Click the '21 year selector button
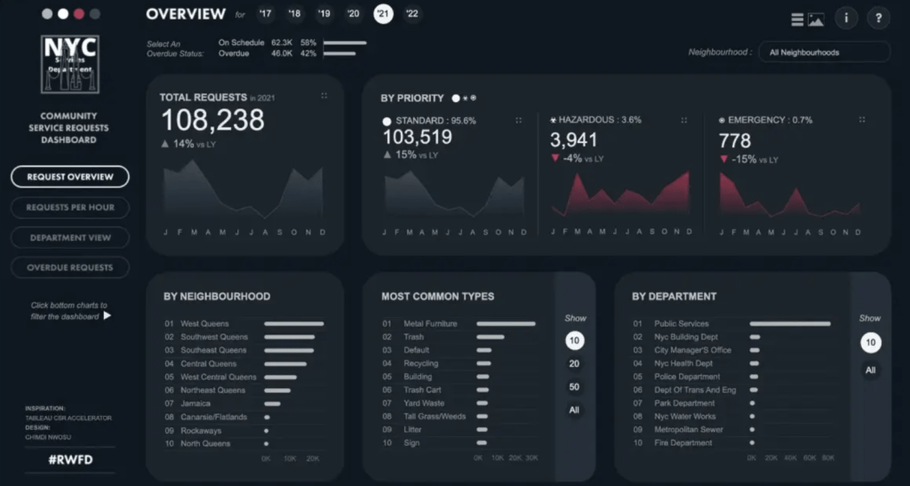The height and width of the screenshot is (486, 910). [383, 13]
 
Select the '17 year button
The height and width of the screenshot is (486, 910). [265, 13]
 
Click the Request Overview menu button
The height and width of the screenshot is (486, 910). [70, 177]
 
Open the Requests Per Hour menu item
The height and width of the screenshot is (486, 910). [70, 207]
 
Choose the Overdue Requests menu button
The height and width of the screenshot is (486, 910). [70, 267]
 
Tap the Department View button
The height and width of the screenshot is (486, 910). [70, 237]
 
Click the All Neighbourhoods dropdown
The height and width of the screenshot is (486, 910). [824, 52]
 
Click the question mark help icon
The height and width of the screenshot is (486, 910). [878, 18]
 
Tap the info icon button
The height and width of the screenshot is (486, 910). [845, 18]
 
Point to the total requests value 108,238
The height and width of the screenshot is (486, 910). [212, 121]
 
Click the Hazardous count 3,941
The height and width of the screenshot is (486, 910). [573, 139]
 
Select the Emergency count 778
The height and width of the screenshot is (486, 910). [735, 140]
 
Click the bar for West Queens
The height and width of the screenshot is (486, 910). [293, 324]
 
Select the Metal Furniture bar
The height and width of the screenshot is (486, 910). [506, 324]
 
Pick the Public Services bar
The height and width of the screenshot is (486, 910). [790, 324]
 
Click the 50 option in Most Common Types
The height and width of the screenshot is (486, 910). [574, 386]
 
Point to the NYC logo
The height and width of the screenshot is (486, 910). [70, 64]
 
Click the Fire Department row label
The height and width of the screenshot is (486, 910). [682, 443]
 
